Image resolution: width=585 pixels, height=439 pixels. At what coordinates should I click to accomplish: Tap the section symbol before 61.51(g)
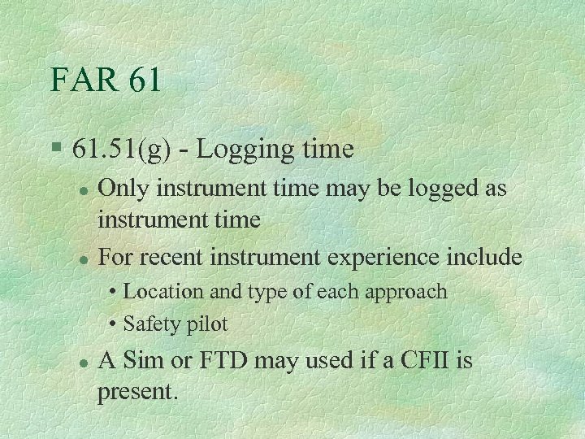click(54, 149)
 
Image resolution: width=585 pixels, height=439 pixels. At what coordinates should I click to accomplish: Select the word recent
click(180, 258)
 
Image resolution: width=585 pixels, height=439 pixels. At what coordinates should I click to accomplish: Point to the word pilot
click(206, 324)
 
